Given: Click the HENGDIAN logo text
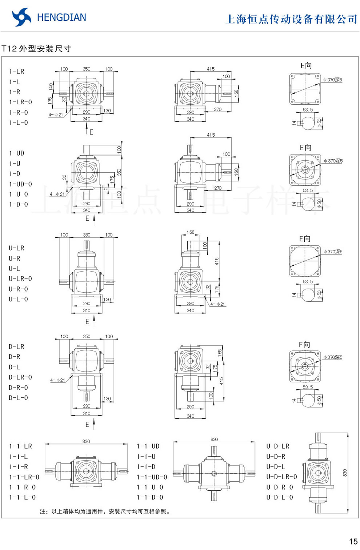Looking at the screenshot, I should [61, 17].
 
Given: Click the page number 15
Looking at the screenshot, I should [353, 542].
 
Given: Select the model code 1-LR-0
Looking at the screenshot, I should [20, 102].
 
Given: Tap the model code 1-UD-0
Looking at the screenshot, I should [20, 184].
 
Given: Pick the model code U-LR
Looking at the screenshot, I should [16, 248].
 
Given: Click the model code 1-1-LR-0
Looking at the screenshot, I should [24, 477].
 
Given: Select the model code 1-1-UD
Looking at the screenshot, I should [148, 446].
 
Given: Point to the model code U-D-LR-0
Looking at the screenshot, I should [281, 477].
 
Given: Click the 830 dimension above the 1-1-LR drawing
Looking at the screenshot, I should [86, 441].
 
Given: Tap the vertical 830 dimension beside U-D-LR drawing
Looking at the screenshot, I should [345, 473].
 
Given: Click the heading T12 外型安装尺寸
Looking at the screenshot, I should [36, 49].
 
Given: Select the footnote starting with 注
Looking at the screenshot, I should [105, 511].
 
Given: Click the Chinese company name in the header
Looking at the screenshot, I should [291, 19].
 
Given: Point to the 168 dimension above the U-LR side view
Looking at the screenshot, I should [190, 232].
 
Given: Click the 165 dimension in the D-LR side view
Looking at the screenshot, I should [220, 352].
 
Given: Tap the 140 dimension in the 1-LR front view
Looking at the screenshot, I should [51, 87].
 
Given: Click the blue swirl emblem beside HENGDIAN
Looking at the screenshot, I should [21, 17].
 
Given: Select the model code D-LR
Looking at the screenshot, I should [16, 347].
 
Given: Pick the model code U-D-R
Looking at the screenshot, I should [276, 456].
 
